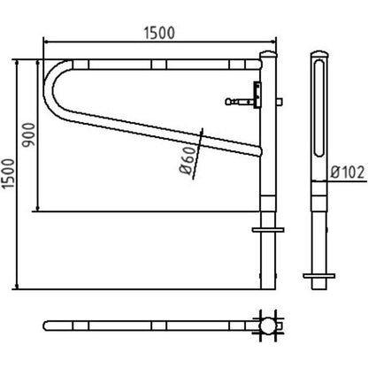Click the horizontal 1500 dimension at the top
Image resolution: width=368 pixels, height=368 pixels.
coord(159,33)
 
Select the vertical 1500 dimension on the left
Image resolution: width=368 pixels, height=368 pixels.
coord(8,174)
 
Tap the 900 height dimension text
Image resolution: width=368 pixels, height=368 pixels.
coord(29,134)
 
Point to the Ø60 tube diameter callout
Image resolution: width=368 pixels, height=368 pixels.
coord(188,160)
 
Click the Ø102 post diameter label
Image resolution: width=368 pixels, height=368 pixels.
coord(348,172)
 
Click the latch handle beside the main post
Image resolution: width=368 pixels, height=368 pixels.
coord(240,102)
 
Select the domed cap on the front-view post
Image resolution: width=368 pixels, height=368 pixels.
coord(268,55)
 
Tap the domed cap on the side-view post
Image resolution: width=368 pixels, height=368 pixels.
coord(319,55)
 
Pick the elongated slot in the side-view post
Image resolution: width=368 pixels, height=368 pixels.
coord(319,108)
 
